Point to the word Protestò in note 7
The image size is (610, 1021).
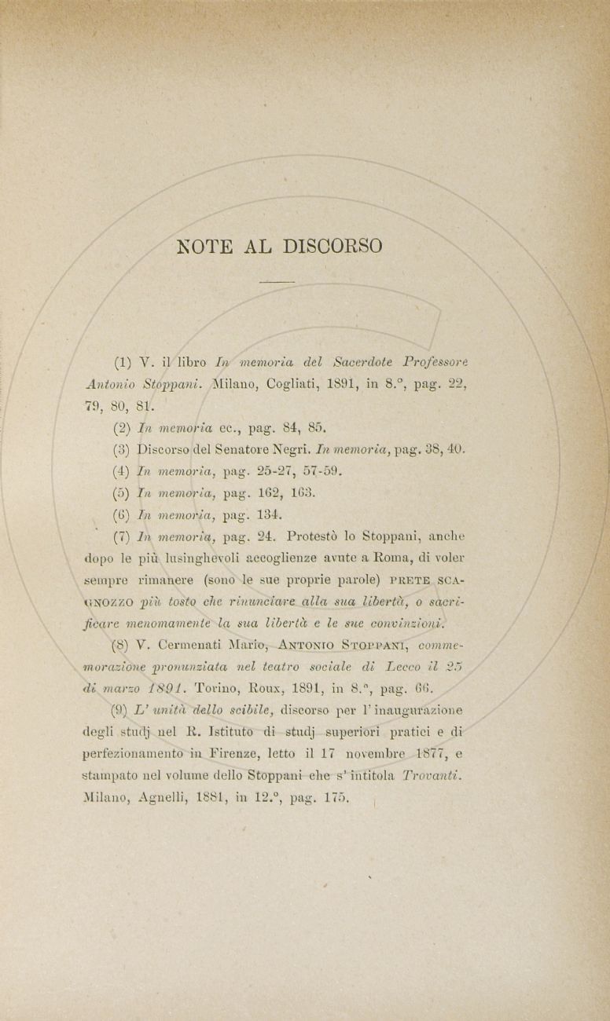315,537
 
